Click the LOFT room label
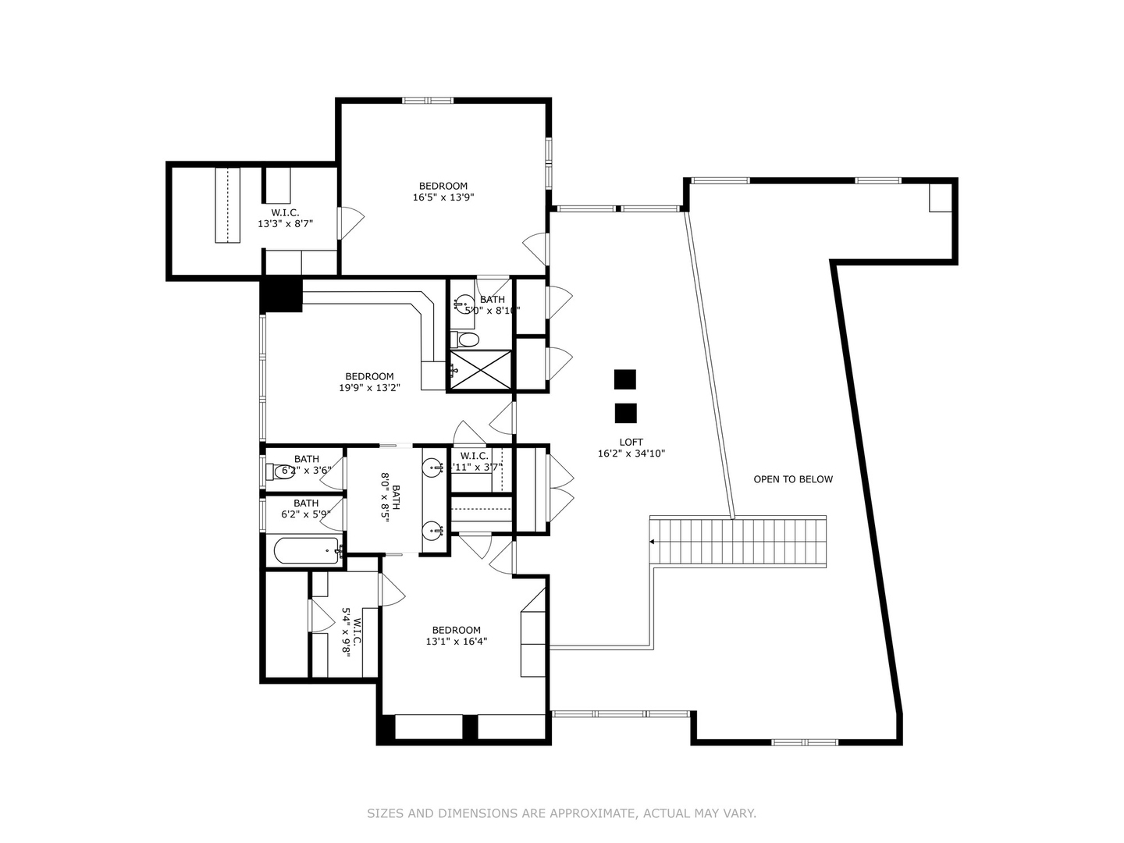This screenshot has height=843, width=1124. (x=631, y=442)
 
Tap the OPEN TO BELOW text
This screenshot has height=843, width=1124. (x=792, y=479)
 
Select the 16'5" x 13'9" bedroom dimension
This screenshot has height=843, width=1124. (x=443, y=197)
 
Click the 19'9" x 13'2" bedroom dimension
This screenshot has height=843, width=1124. (x=369, y=387)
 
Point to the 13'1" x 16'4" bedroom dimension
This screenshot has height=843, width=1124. (x=456, y=642)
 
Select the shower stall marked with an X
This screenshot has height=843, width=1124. (x=480, y=369)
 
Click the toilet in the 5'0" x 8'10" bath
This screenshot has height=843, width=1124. (x=466, y=340)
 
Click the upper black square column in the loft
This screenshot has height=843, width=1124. (x=624, y=379)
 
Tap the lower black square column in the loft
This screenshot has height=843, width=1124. (x=625, y=413)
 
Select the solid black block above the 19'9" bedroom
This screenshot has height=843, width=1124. (x=281, y=295)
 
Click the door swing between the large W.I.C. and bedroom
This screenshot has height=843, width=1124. (x=350, y=222)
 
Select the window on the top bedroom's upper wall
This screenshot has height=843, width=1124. (x=427, y=100)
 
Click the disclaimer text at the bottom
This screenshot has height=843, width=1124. (x=561, y=813)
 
